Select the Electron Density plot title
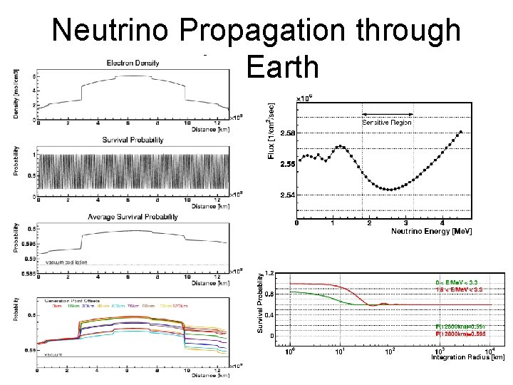[x=134, y=63]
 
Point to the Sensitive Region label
[x=387, y=123]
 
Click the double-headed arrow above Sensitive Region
[x=388, y=114]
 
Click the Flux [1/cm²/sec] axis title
[x=271, y=131]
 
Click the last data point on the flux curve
[x=461, y=132]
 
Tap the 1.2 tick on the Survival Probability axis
[x=269, y=272]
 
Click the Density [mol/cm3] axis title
[x=16, y=93]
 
